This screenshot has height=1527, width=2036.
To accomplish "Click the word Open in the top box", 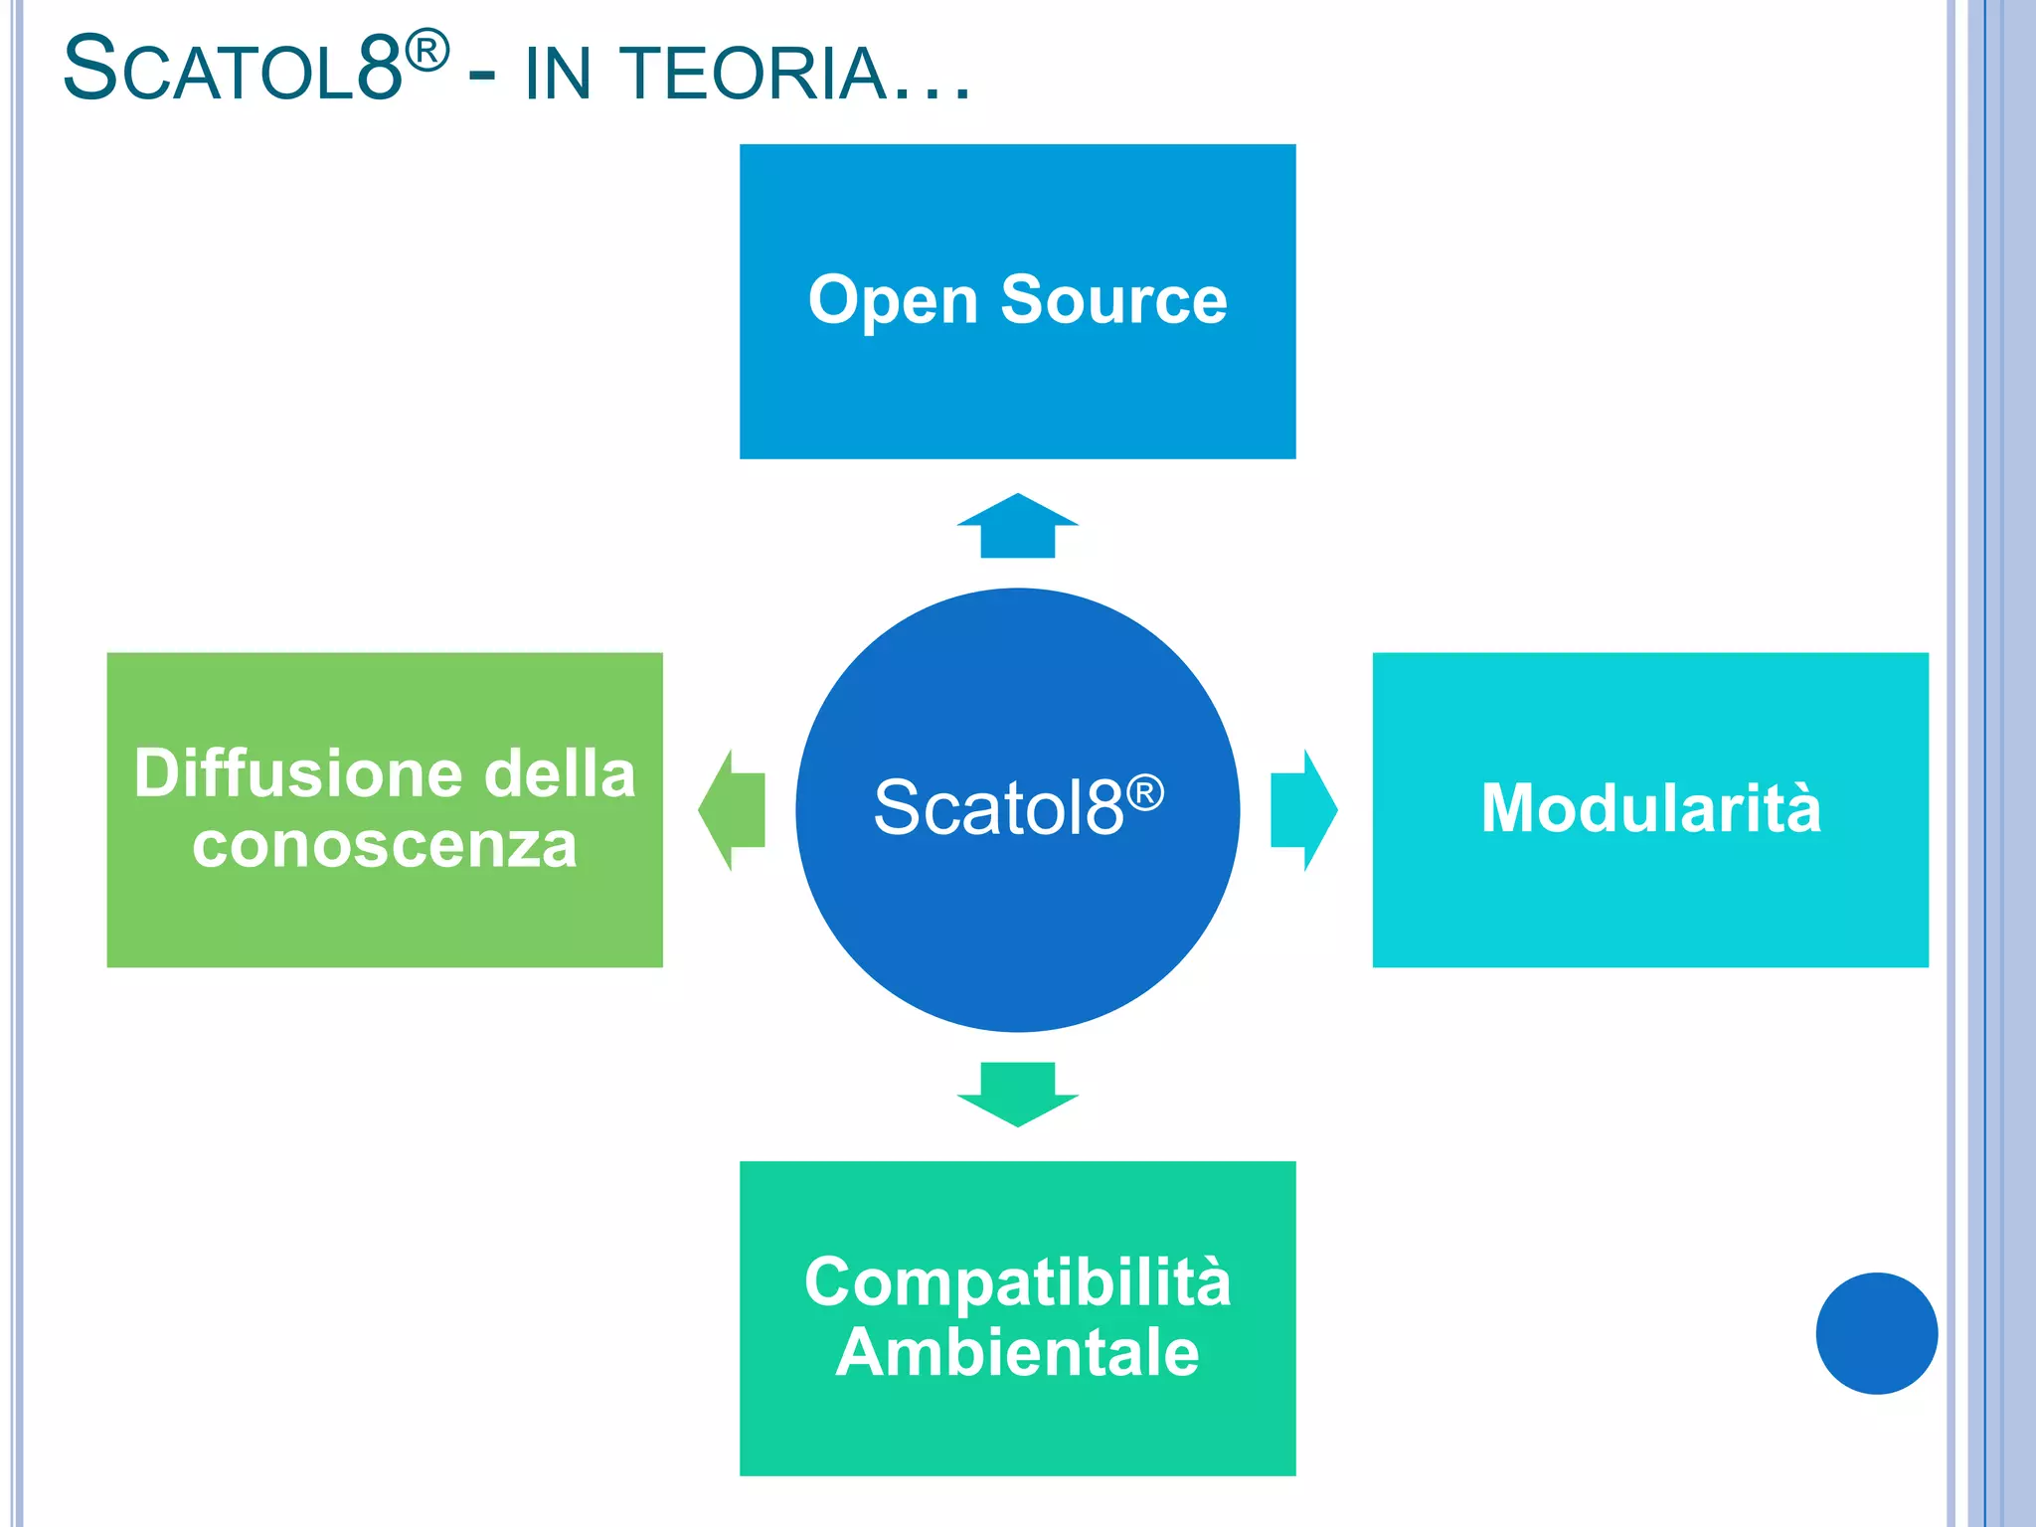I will [893, 300].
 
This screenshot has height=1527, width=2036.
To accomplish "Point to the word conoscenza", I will [384, 845].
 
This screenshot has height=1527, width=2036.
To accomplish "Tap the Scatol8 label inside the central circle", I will [998, 807].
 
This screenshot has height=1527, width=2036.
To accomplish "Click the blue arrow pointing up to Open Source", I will [1017, 526].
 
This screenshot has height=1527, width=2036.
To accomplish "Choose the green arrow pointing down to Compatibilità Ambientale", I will [1017, 1094].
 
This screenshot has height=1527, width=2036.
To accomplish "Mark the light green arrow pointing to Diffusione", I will [733, 810].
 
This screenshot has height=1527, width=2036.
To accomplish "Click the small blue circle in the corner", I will [1876, 1333].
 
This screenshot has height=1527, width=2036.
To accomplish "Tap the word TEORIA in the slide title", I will [755, 74].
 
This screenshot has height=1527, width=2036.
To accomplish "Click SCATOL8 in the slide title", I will [233, 70].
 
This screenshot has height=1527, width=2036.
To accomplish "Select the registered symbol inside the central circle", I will [1145, 792].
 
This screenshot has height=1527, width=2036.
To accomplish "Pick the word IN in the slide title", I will [558, 74].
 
